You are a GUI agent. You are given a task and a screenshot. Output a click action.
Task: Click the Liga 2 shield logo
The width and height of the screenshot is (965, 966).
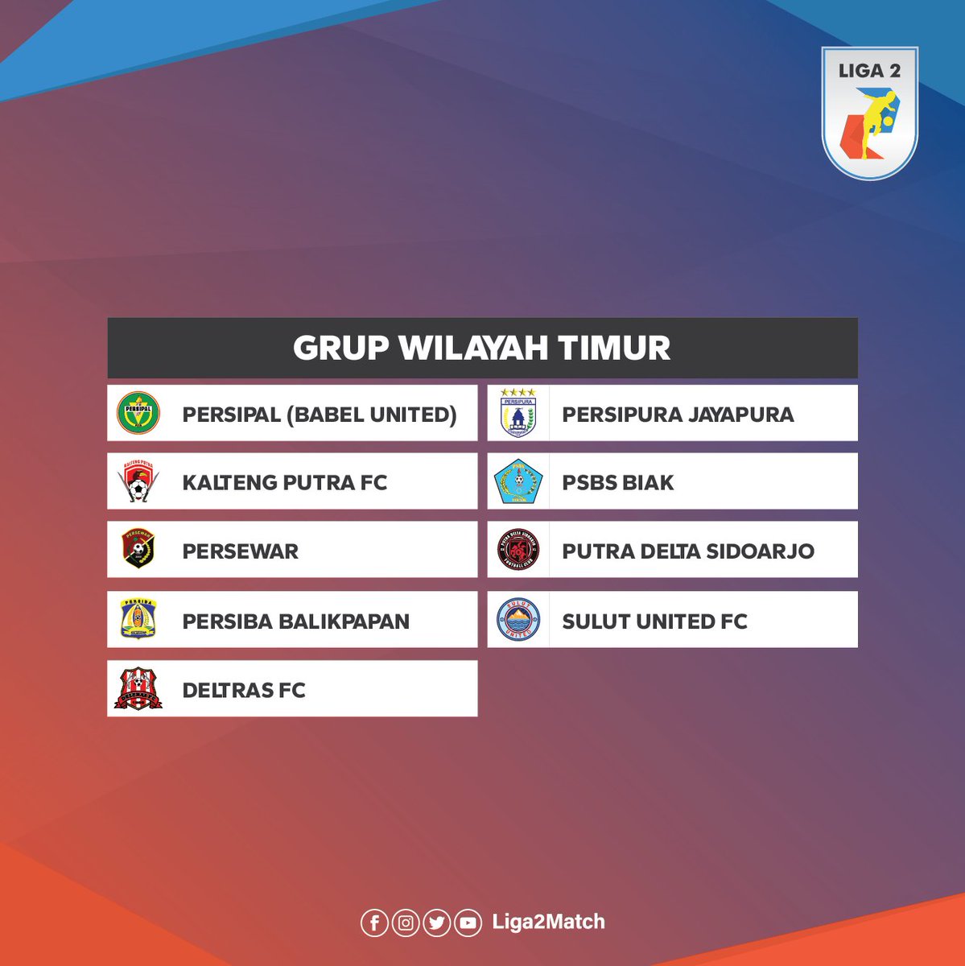pos(869,113)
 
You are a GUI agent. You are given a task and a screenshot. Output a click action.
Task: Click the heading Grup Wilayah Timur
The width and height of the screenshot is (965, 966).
pos(481,348)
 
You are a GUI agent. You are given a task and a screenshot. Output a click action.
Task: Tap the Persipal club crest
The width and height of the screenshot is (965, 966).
pos(138,413)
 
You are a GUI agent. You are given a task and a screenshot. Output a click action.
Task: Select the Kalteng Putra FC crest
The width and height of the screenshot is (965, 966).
pos(138,481)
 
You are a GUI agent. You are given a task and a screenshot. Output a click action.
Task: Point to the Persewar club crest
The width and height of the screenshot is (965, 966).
pos(138,550)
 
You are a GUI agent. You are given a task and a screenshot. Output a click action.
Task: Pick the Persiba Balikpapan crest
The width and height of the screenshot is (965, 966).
pos(138,620)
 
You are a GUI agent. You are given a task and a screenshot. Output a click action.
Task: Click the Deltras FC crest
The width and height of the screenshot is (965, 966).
pos(138,689)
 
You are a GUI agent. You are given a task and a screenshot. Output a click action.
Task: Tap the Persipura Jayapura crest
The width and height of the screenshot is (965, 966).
pos(518,413)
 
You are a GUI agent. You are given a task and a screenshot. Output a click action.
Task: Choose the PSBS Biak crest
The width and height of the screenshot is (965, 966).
pos(518,481)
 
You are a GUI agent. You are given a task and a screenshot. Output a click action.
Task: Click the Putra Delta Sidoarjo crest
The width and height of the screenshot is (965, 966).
pos(518,550)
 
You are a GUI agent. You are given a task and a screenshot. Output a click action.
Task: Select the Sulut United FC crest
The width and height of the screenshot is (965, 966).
pos(518,620)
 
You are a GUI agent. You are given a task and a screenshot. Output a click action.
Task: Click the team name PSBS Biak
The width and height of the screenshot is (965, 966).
pos(617,482)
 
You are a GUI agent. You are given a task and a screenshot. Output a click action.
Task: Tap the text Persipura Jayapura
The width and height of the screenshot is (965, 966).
pos(678,415)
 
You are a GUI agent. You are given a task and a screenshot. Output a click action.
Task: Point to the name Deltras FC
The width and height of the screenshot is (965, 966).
pos(244,690)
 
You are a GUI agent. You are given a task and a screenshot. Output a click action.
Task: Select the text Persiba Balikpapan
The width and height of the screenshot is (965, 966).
pos(295,621)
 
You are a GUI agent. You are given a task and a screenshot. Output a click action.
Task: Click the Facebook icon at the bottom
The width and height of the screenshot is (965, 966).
pos(374,923)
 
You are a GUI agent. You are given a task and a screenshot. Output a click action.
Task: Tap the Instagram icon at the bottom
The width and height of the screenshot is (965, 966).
pos(406,923)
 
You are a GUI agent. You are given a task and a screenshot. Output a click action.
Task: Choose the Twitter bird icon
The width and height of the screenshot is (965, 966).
pos(436,923)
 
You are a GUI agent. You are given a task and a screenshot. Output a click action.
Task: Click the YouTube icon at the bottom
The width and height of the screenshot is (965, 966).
pos(468,923)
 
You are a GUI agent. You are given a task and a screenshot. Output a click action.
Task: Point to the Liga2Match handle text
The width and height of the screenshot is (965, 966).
pos(548,922)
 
